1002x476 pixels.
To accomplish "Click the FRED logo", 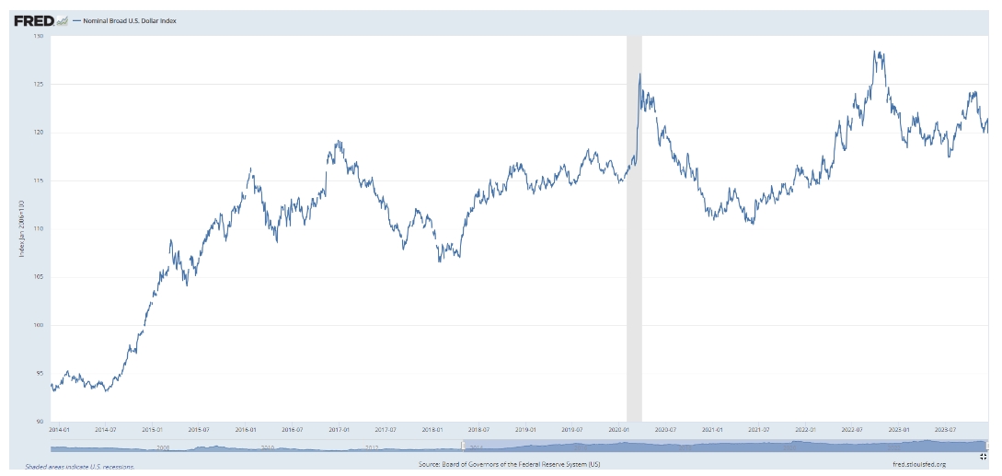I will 34,19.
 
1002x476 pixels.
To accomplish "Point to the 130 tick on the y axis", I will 39,36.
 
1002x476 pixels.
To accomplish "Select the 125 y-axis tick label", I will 39,84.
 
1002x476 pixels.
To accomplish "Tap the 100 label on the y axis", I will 39,325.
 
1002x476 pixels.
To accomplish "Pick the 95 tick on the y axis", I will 40,373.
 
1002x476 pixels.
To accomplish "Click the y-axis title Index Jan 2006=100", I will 21,228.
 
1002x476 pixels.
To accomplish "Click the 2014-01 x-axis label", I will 59,429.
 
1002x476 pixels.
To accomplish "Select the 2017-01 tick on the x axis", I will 339,429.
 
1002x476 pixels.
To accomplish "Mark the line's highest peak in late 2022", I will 878,52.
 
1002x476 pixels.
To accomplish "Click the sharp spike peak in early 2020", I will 639,75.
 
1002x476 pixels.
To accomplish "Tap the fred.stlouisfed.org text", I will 919,464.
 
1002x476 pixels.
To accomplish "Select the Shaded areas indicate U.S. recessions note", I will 80,467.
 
